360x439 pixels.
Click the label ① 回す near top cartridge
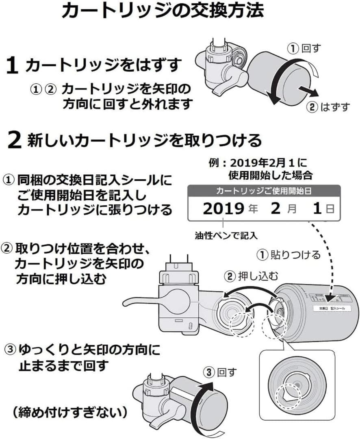point(304,49)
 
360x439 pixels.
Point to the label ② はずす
point(329,107)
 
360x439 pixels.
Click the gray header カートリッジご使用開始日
point(264,191)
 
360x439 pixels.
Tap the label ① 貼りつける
point(289,255)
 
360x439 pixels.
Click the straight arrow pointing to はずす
point(308,91)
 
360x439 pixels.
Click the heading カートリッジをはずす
point(102,65)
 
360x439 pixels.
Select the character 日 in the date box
point(330,209)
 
